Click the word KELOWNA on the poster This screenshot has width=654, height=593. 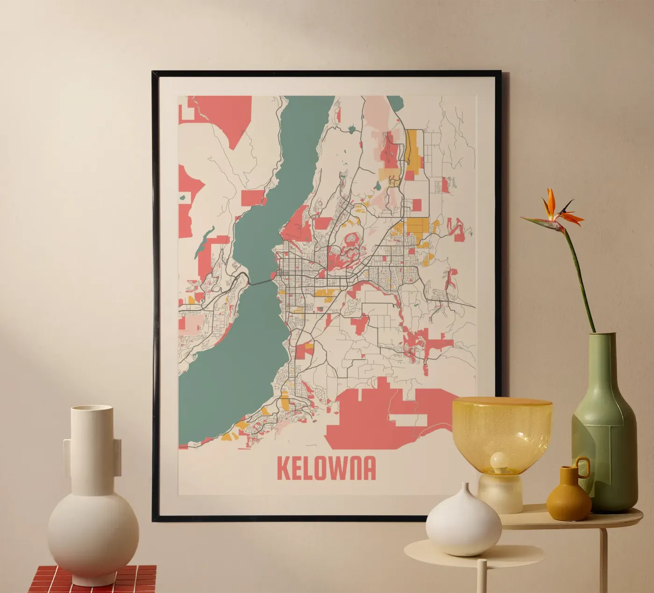click(326, 468)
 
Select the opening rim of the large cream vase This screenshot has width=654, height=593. click(92, 409)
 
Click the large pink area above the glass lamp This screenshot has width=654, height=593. click(374, 411)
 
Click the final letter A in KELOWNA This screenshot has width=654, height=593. click(369, 468)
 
